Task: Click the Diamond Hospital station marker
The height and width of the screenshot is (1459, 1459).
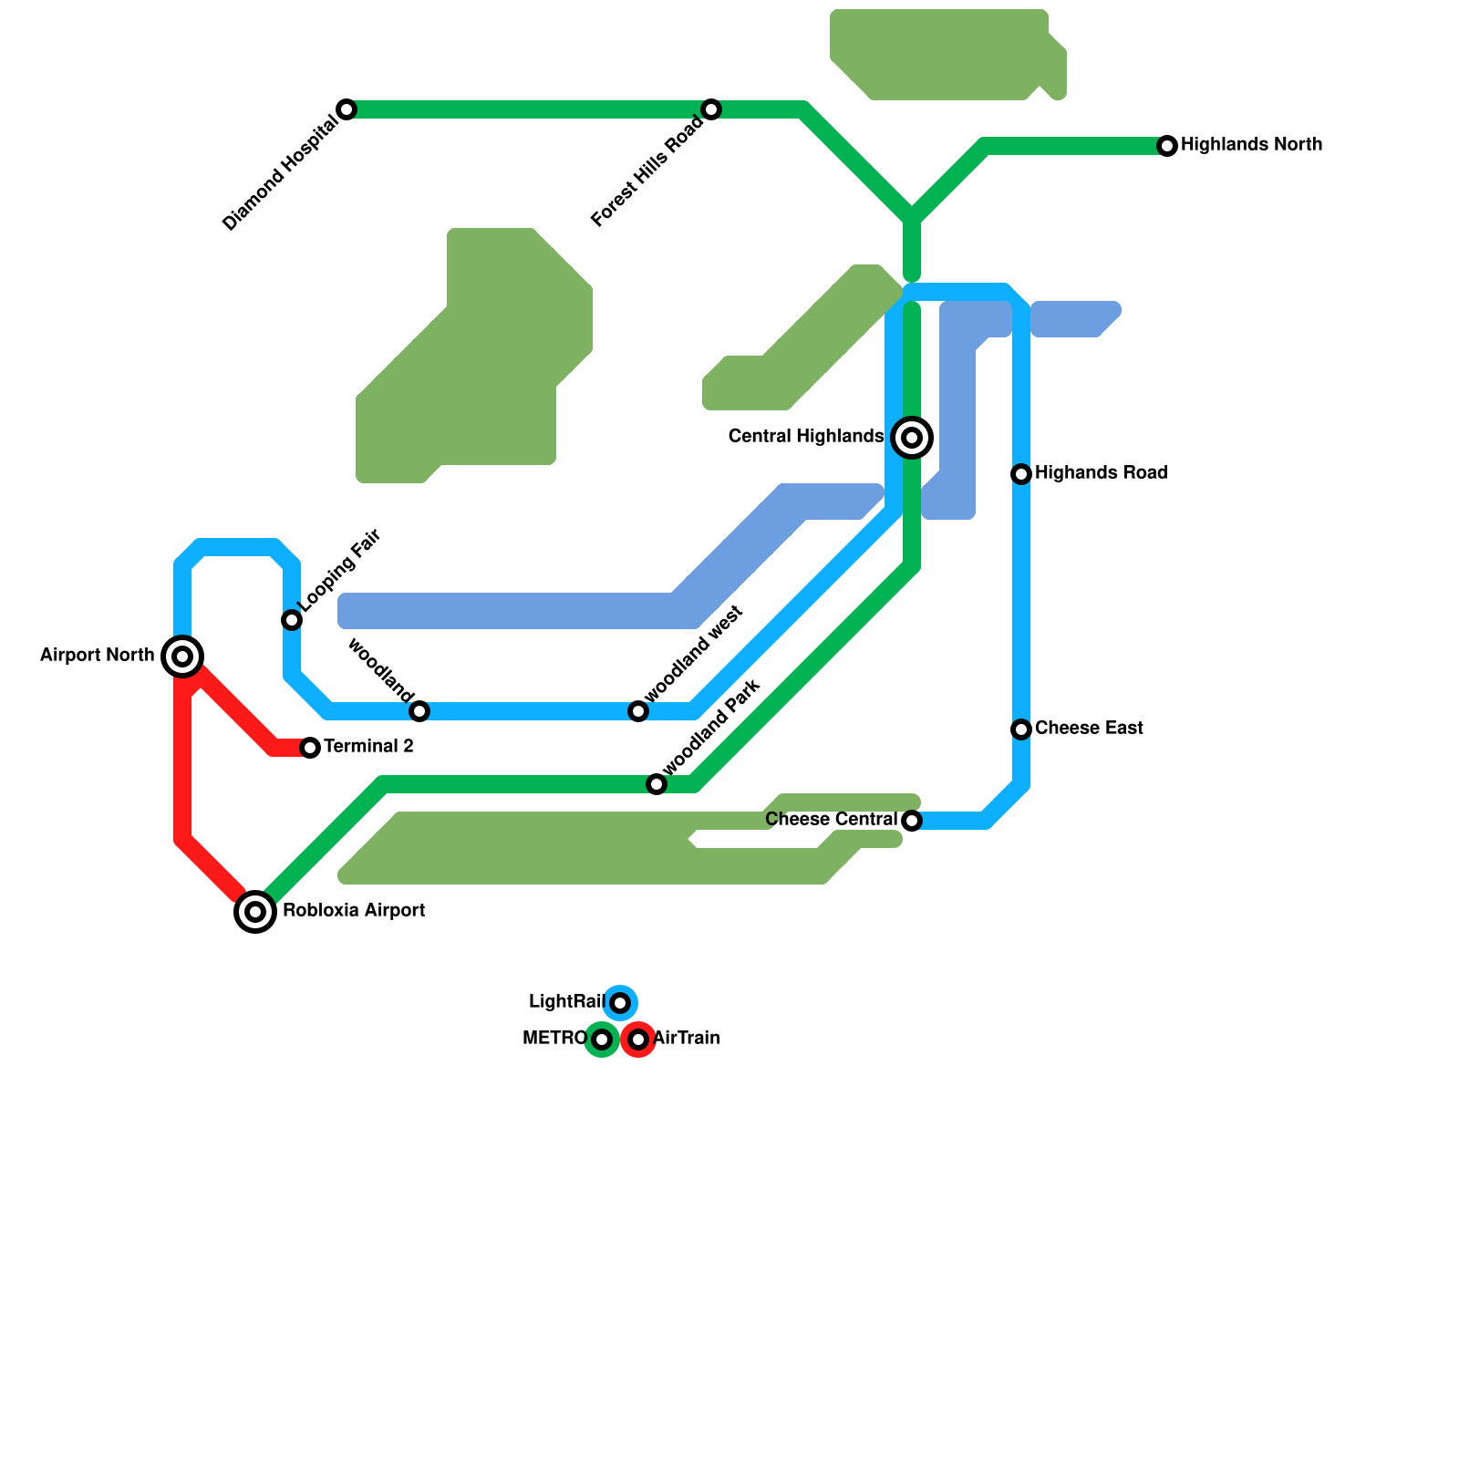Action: [x=347, y=109]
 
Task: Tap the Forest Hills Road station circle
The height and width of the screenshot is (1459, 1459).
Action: [x=711, y=109]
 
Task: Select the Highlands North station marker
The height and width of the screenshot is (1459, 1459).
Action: [x=1167, y=146]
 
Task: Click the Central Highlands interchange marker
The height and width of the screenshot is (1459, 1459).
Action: [x=912, y=438]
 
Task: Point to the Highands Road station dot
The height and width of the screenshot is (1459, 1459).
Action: [x=1021, y=474]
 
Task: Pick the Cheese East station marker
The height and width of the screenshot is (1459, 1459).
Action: [x=1021, y=729]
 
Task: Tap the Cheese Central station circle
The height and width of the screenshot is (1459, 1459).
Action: [x=912, y=821]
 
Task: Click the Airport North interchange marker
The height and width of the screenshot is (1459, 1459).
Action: [x=182, y=657]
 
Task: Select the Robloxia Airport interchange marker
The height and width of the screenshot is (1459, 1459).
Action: [x=255, y=911]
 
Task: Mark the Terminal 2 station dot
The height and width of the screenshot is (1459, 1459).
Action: [x=310, y=748]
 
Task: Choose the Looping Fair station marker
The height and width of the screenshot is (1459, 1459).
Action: [x=292, y=620]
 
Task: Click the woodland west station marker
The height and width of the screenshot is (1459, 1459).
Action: [x=638, y=711]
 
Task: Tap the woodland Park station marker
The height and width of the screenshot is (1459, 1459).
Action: [x=657, y=784]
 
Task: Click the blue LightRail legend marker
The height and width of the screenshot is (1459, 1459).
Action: [x=620, y=1003]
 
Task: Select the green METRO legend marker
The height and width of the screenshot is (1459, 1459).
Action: [x=602, y=1040]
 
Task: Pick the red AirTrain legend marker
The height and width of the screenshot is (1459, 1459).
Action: [x=638, y=1040]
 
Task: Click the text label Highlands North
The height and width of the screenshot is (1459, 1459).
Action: [x=1251, y=145]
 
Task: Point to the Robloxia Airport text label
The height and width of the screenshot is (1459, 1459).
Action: [x=354, y=911]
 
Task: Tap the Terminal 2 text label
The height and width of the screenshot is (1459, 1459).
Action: [x=368, y=747]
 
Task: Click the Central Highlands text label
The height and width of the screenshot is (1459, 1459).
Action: [x=806, y=437]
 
